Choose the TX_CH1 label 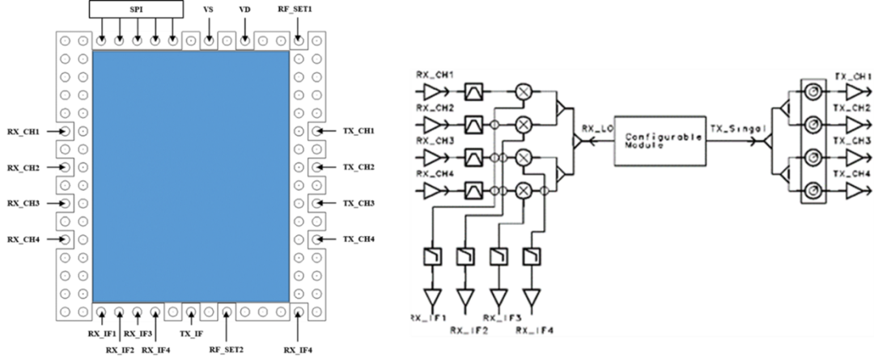[x=852, y=74]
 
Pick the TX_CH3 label [x=852, y=141]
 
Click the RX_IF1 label [x=426, y=317]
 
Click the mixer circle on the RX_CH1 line [x=524, y=91]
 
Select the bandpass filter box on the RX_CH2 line [x=473, y=124]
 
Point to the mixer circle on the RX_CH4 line [x=524, y=191]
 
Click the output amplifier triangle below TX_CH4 [x=854, y=191]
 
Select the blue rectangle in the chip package [x=191, y=176]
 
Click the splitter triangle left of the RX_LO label [x=576, y=142]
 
